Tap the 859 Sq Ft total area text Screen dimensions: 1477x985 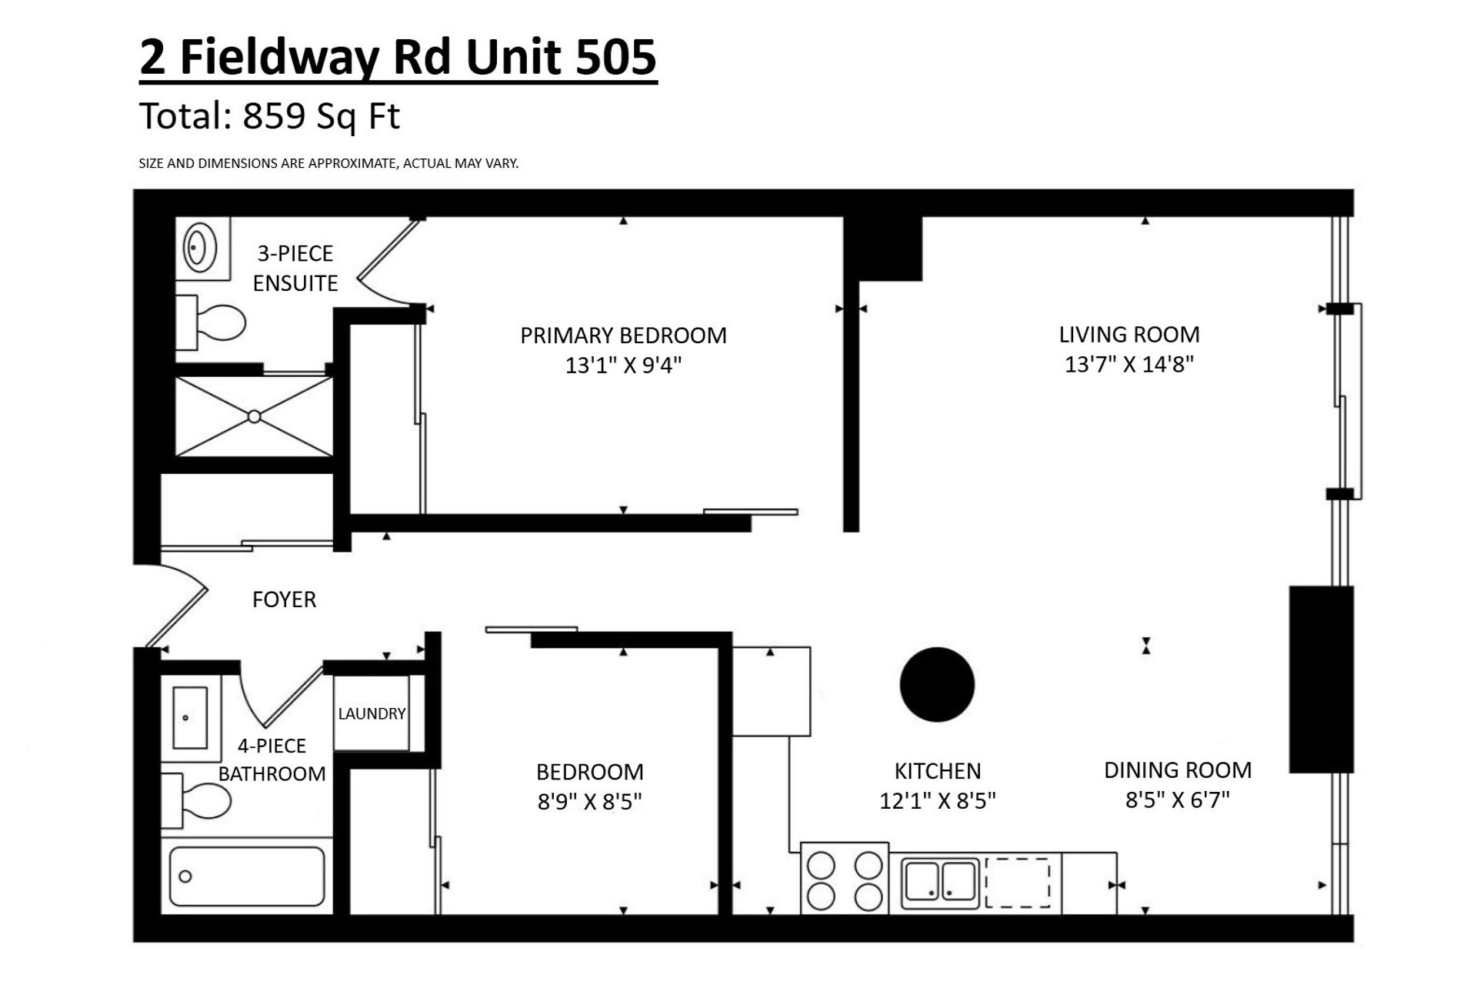(x=322, y=117)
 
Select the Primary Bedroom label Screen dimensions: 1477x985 (x=623, y=336)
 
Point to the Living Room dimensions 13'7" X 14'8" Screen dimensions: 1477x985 (x=1129, y=364)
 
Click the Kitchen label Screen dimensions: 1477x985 (x=937, y=771)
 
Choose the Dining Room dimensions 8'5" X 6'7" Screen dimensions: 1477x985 (x=1177, y=800)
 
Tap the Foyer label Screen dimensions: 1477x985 (x=284, y=599)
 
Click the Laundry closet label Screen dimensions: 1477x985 (x=372, y=713)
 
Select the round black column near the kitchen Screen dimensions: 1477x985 (x=937, y=684)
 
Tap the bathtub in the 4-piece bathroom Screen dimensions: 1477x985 (x=246, y=876)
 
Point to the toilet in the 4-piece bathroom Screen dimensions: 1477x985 (x=195, y=801)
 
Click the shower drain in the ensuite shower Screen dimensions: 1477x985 (x=254, y=416)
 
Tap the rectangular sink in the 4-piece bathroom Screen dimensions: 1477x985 (x=189, y=718)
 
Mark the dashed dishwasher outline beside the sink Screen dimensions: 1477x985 (x=1018, y=883)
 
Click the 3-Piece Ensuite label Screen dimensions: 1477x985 (x=295, y=269)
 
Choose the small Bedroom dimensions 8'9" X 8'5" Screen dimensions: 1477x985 (x=589, y=803)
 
